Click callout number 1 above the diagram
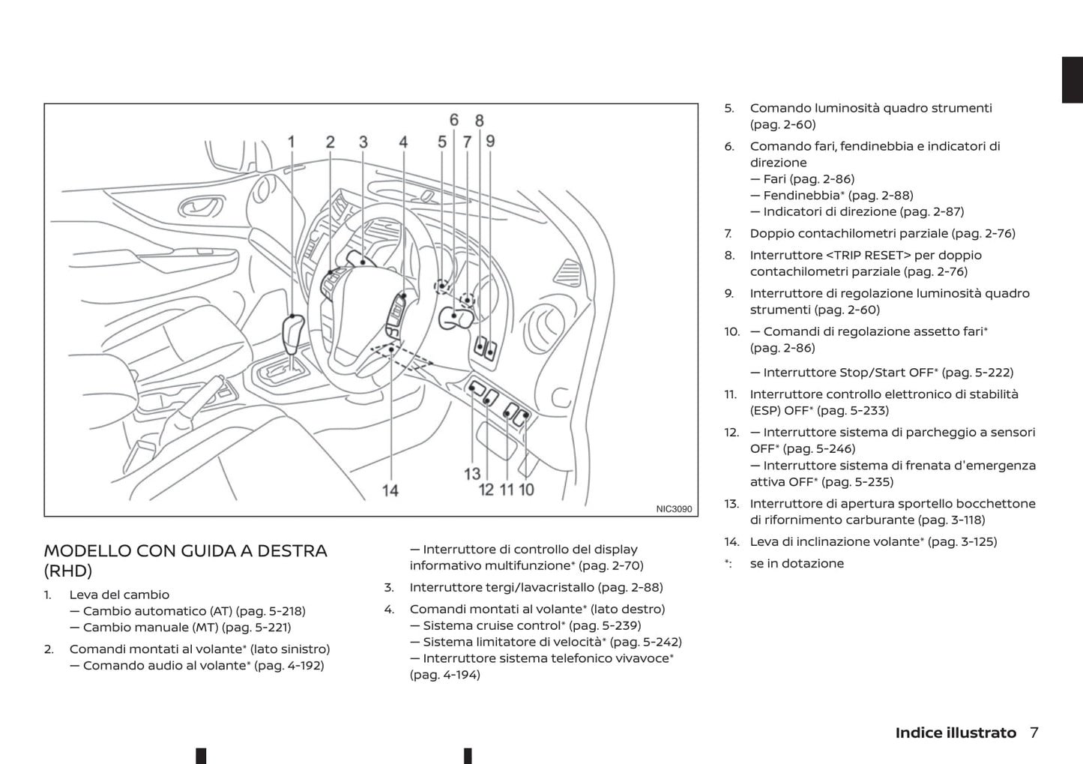[291, 142]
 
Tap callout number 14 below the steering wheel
[390, 491]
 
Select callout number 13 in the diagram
[472, 475]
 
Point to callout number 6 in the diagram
[453, 120]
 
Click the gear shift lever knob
[293, 334]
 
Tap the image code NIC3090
[674, 509]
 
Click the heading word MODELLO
[88, 551]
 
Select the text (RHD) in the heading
[68, 571]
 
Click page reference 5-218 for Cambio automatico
[281, 611]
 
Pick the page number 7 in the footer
[1034, 733]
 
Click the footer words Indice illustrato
[956, 733]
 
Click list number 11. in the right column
[730, 394]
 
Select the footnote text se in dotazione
[797, 564]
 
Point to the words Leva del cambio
[119, 595]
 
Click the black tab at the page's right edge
[1073, 79]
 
